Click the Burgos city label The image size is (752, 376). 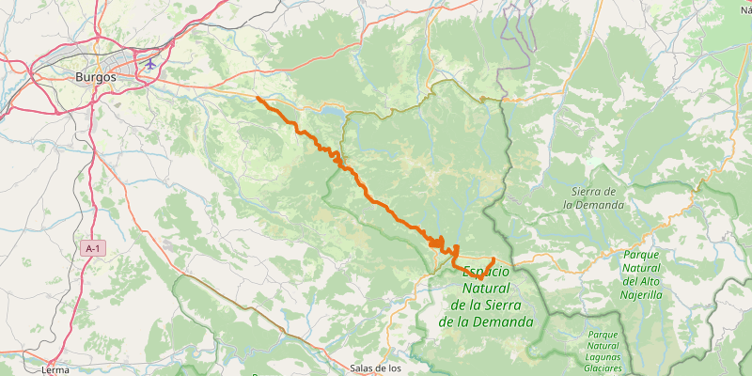pos(96,78)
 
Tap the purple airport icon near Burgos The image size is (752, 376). pos(150,64)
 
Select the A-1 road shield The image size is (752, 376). pos(91,248)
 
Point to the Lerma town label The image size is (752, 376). pos(55,369)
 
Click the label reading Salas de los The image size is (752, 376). pos(375,368)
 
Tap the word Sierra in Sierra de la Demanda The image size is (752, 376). pos(587,192)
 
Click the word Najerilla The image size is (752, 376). pos(641,294)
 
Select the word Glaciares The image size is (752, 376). pos(602,368)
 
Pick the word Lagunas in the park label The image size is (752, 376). pos(603,357)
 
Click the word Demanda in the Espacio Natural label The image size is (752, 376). pos(507,321)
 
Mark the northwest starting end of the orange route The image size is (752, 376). pos(257,97)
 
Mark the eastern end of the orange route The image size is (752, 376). pos(493,258)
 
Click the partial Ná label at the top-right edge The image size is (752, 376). pos(745,9)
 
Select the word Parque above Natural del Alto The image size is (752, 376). pos(641,255)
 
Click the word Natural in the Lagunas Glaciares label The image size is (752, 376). pos(602,346)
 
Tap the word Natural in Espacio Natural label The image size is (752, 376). pos(486,288)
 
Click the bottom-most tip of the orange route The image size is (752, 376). pos(479,279)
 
